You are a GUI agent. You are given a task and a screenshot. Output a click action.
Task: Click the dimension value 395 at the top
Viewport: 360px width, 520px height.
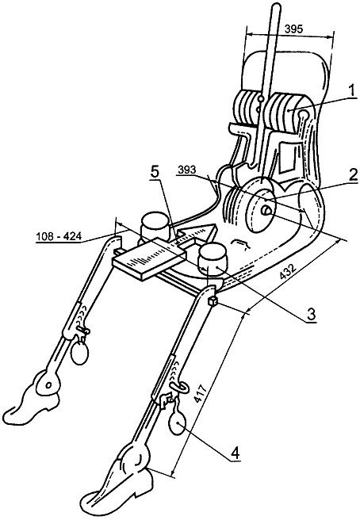click(x=294, y=29)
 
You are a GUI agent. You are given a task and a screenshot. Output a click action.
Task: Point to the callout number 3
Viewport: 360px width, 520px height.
click(x=311, y=313)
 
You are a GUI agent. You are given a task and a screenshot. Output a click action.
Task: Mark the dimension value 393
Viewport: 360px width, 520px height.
click(x=187, y=170)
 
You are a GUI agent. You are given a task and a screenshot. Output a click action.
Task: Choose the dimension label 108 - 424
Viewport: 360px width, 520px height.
click(x=58, y=236)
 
